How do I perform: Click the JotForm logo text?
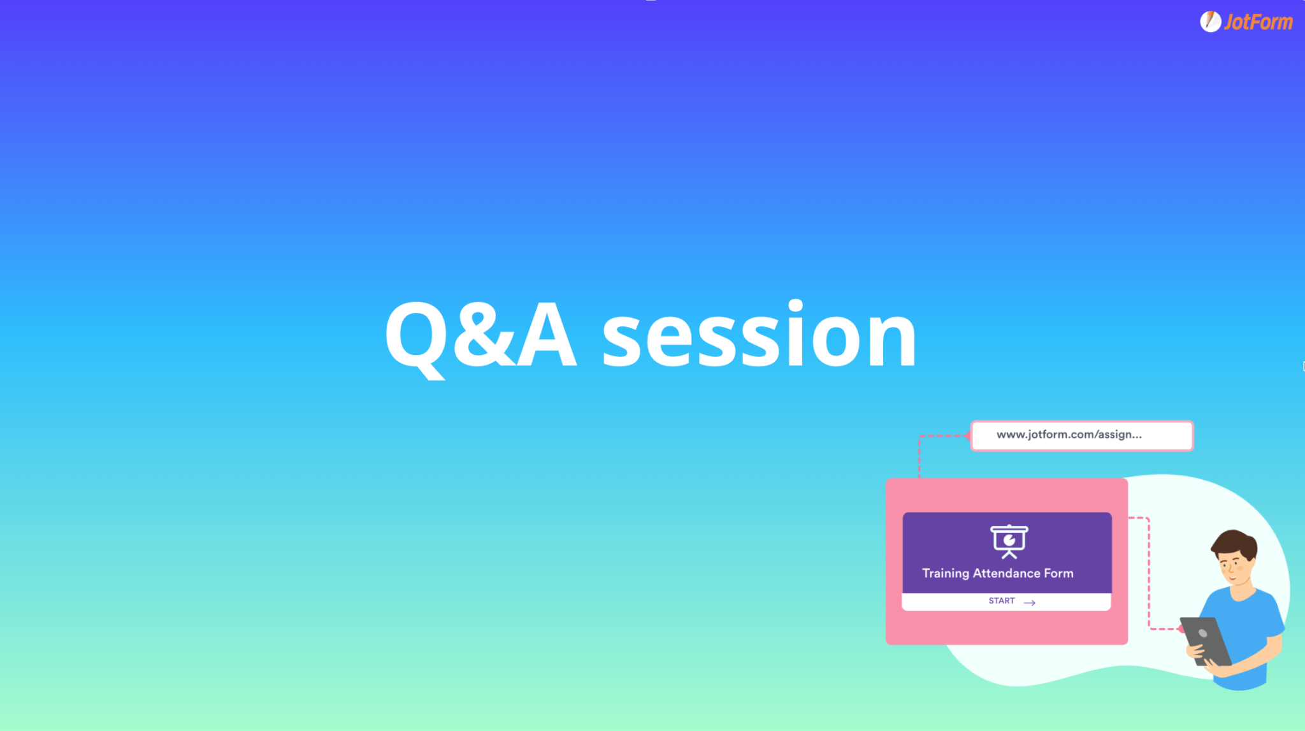1258,22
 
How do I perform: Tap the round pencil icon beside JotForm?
1210,22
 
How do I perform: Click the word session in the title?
759,334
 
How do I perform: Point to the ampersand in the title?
484,335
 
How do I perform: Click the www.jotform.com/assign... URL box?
1081,436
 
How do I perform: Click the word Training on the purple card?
946,574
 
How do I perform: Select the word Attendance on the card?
1007,573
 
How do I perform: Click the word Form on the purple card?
1058,573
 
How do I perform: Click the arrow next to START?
1029,602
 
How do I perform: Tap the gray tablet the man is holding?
1206,641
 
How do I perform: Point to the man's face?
1235,569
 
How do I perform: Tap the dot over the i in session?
795,307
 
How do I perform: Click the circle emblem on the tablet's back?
1202,633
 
